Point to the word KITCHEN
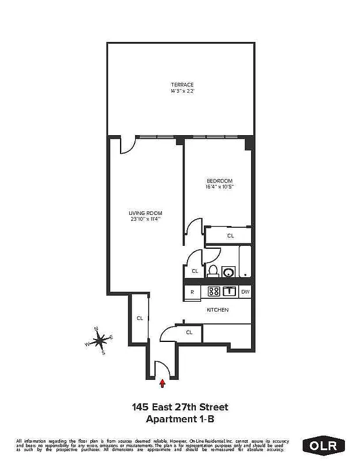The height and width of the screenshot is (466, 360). click(x=217, y=310)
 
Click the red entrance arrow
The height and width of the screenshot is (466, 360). click(x=162, y=383)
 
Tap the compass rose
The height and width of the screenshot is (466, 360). click(x=100, y=340)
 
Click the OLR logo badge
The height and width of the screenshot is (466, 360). click(x=324, y=446)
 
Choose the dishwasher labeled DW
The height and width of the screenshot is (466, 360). click(x=245, y=292)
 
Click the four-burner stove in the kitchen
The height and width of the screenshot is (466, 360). click(x=213, y=292)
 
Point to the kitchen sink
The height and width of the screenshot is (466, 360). click(x=230, y=292)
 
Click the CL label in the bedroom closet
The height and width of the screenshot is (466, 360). click(x=230, y=236)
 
